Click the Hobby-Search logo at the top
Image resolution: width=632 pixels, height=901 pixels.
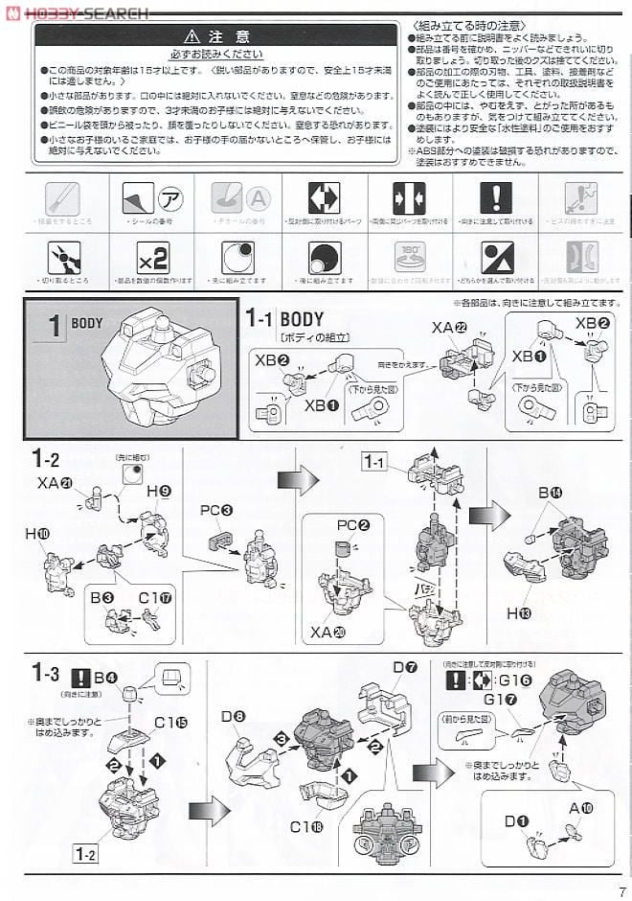pos(77,12)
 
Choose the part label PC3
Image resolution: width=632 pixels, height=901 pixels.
pos(216,511)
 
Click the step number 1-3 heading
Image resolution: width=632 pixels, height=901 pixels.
pos(45,673)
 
